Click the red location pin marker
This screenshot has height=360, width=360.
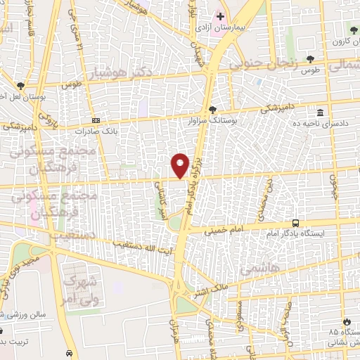tap(180, 166)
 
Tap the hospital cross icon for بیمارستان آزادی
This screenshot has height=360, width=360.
tap(220, 16)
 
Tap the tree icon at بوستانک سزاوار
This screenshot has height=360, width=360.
tap(212, 108)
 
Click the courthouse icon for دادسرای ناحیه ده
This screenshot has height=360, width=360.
tap(320, 112)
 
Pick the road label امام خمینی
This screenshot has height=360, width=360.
tap(223, 229)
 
